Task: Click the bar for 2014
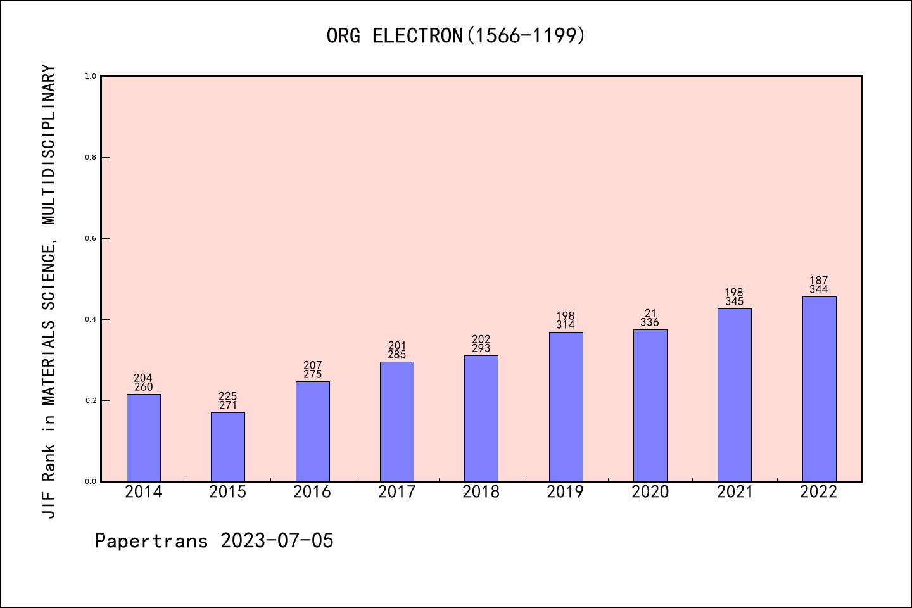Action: click(x=144, y=438)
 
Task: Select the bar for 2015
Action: click(x=228, y=446)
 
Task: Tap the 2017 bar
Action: click(x=397, y=421)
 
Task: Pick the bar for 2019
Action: click(x=566, y=407)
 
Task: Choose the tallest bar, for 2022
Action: click(x=819, y=389)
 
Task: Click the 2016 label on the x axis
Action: click(x=312, y=492)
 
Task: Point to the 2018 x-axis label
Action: click(x=481, y=492)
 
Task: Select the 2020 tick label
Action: click(x=650, y=492)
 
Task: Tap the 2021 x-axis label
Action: click(x=735, y=492)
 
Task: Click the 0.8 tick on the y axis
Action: click(x=91, y=157)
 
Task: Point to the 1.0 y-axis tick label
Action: click(x=91, y=76)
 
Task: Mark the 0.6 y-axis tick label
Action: click(x=91, y=238)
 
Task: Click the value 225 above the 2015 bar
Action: click(x=228, y=396)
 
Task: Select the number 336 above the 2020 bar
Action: click(x=650, y=322)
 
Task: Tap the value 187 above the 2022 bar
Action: click(x=819, y=281)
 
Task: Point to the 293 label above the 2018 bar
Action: click(x=481, y=348)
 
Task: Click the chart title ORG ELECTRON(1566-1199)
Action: click(x=456, y=36)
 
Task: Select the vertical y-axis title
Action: click(x=49, y=291)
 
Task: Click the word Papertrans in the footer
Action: click(x=151, y=541)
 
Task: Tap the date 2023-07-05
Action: click(x=277, y=541)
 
